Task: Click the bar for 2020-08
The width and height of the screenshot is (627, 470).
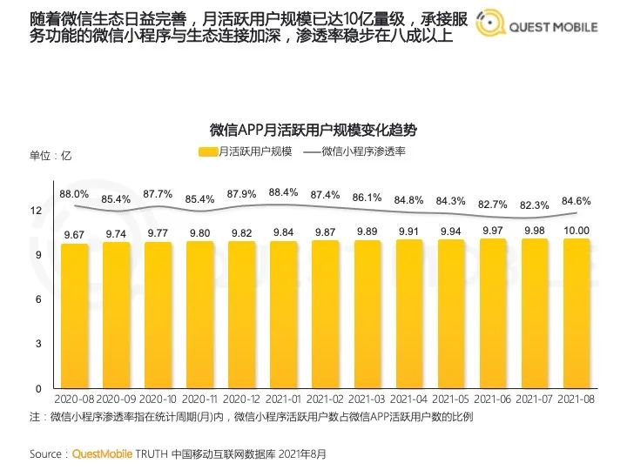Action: (75, 315)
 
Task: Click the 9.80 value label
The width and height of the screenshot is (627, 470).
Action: (200, 233)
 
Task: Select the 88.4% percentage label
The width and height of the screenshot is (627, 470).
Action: (284, 192)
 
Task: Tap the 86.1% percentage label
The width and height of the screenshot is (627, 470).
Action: (367, 198)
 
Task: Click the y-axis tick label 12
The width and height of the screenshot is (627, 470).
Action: (36, 211)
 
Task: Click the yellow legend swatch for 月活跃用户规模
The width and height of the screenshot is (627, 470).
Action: (207, 152)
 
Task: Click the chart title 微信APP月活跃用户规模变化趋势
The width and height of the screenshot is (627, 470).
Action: (313, 130)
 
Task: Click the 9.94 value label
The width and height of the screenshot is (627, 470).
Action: (451, 232)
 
